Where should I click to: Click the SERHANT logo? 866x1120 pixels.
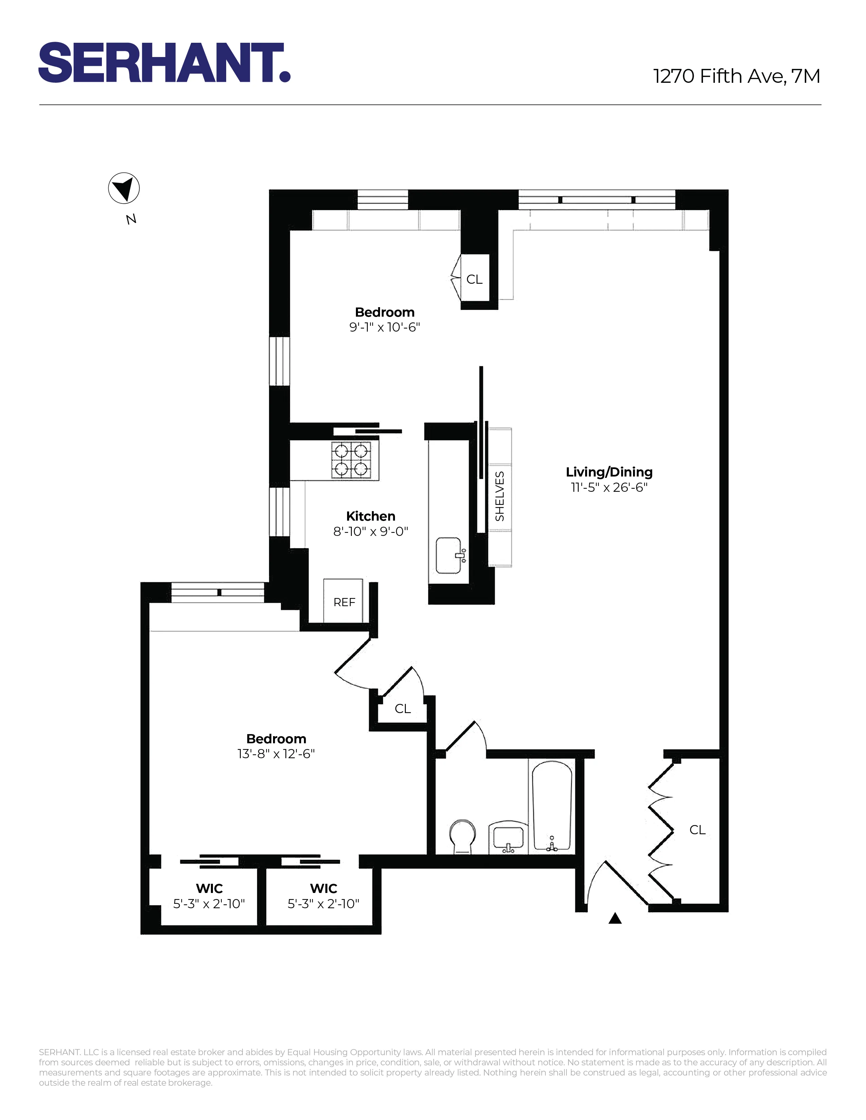164,62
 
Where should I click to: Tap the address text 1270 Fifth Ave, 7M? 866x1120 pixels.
736,76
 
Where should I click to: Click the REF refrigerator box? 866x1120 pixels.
344,601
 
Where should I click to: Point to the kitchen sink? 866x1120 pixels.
450,555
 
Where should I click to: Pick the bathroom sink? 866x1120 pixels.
508,838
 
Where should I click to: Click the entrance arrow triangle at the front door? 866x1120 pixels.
615,918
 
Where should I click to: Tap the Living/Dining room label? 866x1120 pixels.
609,472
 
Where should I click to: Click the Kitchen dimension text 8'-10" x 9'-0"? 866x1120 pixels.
371,531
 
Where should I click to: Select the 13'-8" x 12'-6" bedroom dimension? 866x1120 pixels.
276,753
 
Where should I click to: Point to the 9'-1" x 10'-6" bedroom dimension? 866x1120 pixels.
385,327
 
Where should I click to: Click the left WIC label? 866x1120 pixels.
209,888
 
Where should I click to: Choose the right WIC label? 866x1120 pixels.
324,888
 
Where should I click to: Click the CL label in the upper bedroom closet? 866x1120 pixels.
474,279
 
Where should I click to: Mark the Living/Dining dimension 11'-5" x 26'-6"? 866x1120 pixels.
609,487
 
